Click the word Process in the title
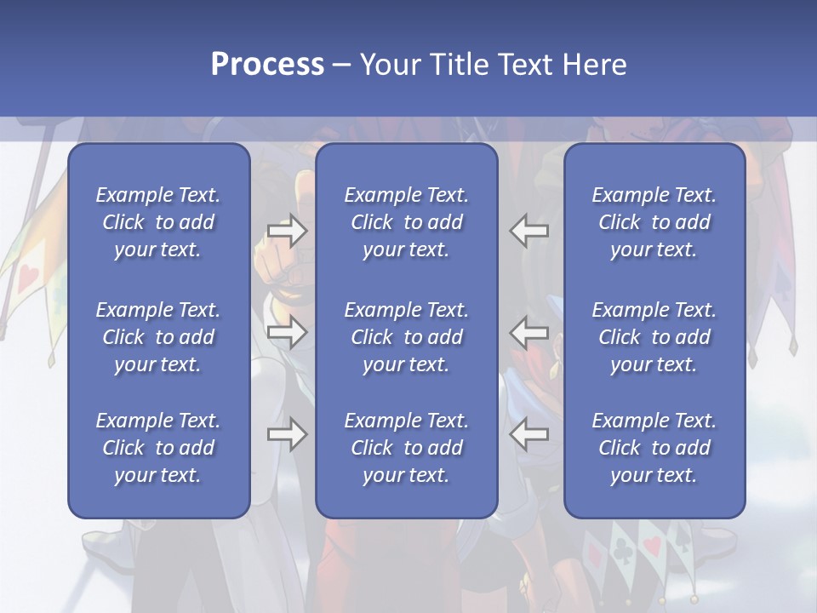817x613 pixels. pyautogui.click(x=267, y=65)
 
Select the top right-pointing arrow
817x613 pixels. pyautogui.click(x=287, y=230)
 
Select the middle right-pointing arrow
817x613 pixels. pyautogui.click(x=287, y=332)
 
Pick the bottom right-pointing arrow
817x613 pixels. pyautogui.click(x=287, y=434)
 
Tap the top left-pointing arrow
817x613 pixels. pyautogui.click(x=528, y=230)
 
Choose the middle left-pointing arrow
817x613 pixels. pyautogui.click(x=528, y=332)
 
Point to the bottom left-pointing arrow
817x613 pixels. pyautogui.click(x=528, y=434)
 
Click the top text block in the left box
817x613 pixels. pyautogui.click(x=158, y=222)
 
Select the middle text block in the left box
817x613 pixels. pyautogui.click(x=158, y=337)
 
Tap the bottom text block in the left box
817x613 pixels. pyautogui.click(x=158, y=448)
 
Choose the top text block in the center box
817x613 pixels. pyautogui.click(x=407, y=222)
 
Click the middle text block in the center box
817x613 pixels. pyautogui.click(x=407, y=337)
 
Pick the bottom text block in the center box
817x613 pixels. pyautogui.click(x=407, y=448)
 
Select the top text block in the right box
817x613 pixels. pyautogui.click(x=654, y=222)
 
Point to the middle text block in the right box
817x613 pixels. pyautogui.click(x=654, y=337)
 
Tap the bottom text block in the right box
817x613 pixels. pyautogui.click(x=654, y=448)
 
